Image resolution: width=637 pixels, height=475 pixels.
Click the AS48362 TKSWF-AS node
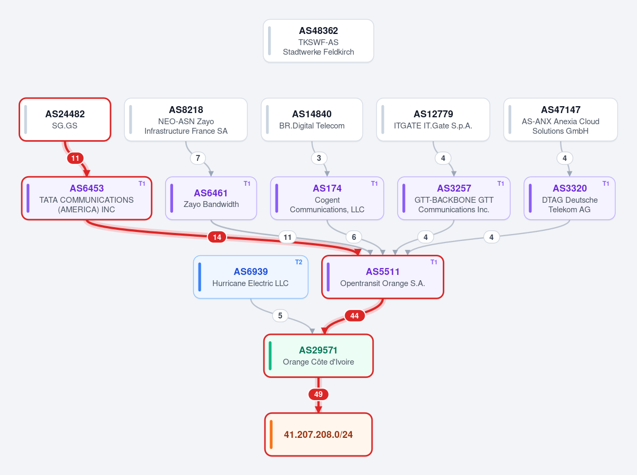pos(318,41)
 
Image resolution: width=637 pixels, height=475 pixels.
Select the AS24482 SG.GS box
pos(65,119)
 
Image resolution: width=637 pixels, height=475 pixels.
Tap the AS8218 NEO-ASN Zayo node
pos(186,119)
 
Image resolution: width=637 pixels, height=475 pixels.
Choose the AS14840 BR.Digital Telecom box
pos(312,119)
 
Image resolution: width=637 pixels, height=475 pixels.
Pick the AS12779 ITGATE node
pos(433,119)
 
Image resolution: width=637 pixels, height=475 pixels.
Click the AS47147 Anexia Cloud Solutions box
pos(561,119)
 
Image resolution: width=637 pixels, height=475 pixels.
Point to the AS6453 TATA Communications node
pos(87,198)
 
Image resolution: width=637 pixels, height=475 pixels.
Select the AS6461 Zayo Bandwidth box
pos(211,198)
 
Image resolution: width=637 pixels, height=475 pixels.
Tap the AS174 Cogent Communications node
pos(327,198)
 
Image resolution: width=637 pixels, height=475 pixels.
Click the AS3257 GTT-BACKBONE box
pos(454,198)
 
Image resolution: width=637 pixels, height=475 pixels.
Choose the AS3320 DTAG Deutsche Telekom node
pos(570,198)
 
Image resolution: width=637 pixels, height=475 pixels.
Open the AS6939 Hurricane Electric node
pos(251,277)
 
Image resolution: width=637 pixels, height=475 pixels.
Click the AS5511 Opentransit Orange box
pos(383,277)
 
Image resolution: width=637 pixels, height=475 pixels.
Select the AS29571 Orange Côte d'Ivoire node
pos(318,356)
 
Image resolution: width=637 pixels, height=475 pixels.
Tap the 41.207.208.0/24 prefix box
pos(318,435)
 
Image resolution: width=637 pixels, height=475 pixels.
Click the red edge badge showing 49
pos(318,394)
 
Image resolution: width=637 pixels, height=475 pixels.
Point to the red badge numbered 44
pos(355,316)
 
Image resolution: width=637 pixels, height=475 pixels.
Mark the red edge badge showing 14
pos(217,237)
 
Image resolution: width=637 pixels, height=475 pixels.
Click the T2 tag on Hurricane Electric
pos(299,262)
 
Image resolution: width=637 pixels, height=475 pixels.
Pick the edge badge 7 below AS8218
pos(197,158)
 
